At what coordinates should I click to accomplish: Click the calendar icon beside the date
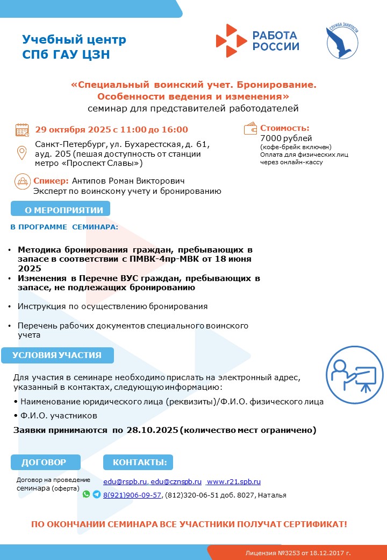22,130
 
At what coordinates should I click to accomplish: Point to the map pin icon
22,152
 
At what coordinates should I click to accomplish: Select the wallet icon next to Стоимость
251,129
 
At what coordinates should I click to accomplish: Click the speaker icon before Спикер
22,181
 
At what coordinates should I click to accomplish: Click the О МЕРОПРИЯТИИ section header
60,209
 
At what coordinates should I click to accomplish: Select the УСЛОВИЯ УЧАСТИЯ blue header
57,355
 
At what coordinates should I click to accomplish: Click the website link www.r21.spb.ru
234,481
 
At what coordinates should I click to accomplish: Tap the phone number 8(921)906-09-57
132,495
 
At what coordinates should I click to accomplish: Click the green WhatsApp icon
86,494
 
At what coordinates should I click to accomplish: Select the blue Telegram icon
96,494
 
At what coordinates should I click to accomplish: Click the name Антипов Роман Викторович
128,181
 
